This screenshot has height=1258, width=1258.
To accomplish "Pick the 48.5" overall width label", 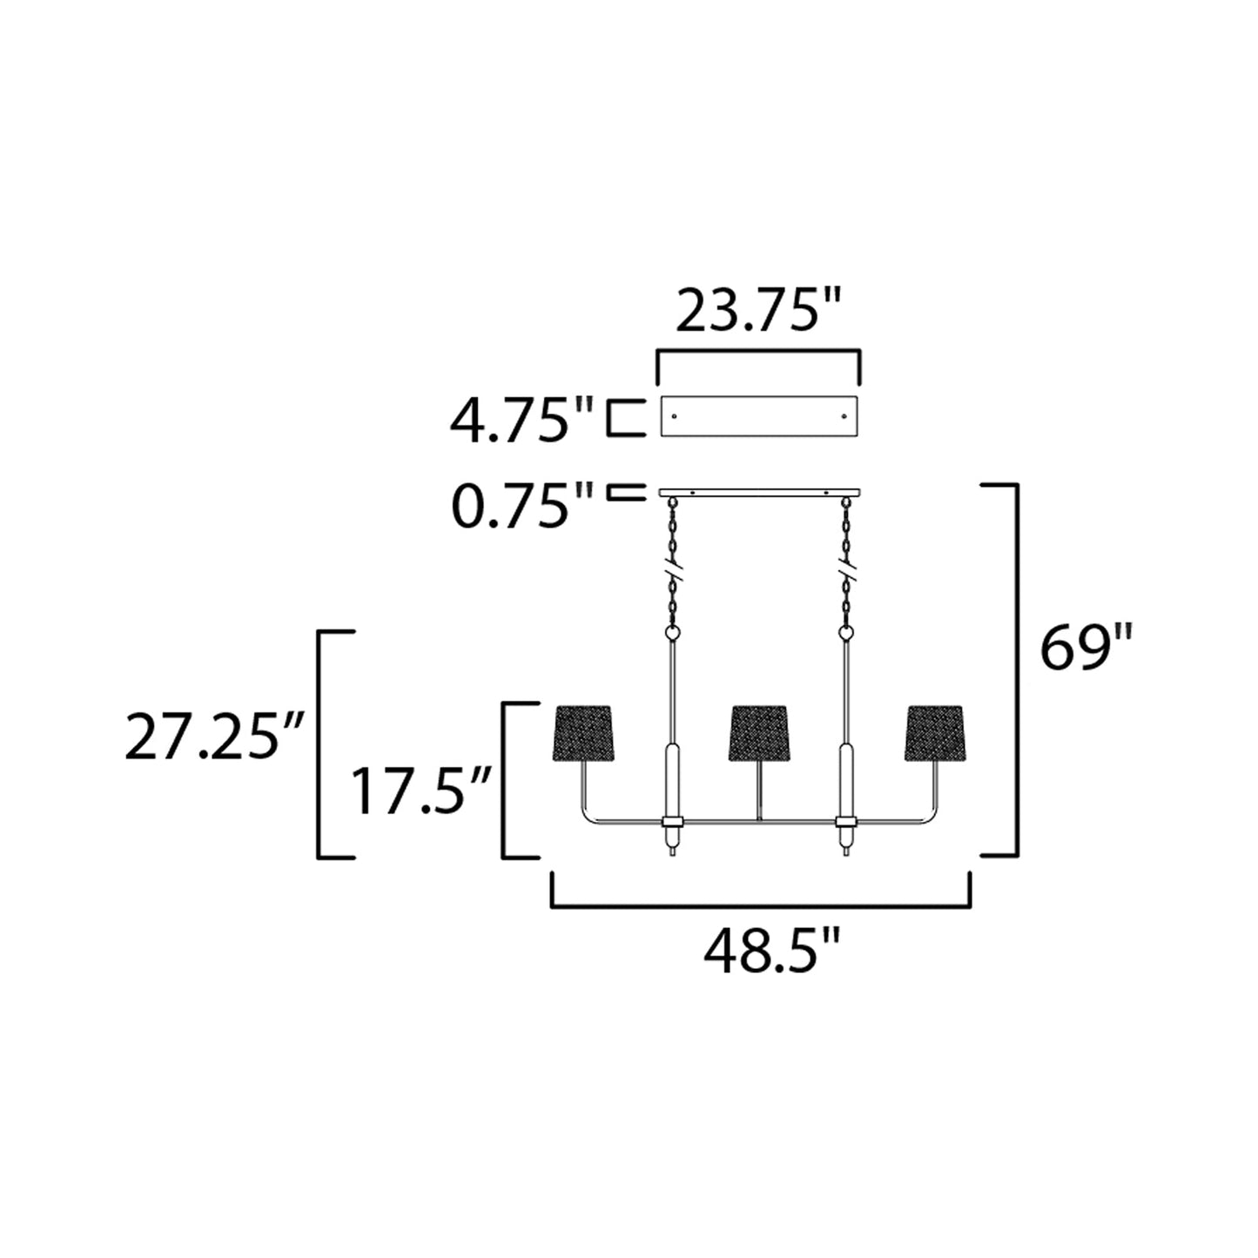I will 771,952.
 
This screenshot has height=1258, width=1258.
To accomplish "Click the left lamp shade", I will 584,732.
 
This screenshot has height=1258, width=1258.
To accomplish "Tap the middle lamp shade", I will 760,732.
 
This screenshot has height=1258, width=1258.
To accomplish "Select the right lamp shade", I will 936,732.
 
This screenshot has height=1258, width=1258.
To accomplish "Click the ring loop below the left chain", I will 672,634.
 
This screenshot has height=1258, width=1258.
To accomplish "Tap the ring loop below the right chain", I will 844,634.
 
